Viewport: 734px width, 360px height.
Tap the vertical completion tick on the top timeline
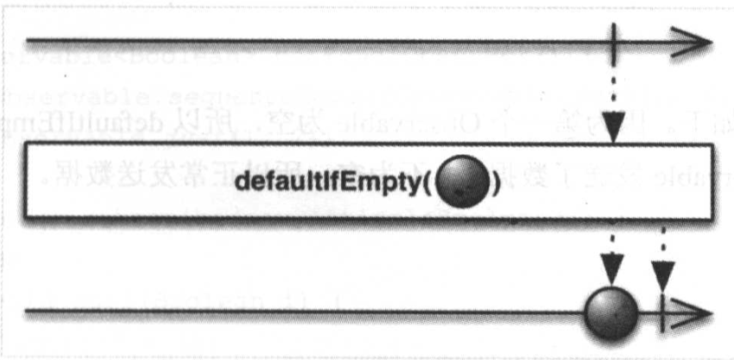coord(614,42)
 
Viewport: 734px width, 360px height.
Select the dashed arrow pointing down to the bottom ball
coord(613,251)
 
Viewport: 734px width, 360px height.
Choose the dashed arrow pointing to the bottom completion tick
coord(663,260)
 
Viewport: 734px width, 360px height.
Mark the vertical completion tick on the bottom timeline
coord(663,310)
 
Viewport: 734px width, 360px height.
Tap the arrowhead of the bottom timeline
coord(697,311)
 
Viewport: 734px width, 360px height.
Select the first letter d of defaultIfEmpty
coord(241,183)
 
